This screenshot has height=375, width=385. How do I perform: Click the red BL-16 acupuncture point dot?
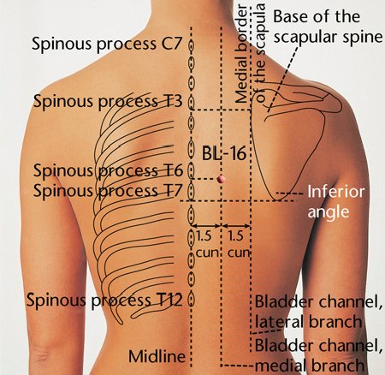coord(221,179)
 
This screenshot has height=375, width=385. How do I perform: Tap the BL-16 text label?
coord(224,153)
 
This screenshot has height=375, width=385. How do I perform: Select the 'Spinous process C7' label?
coord(107,45)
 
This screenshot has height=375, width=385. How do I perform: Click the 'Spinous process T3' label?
coord(108,101)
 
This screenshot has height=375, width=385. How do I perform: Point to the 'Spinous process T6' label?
coord(108,170)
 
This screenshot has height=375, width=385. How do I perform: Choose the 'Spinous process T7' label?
coord(108,190)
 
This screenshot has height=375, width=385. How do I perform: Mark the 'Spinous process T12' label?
coord(104,300)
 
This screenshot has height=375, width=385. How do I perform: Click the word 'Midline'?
coord(157,356)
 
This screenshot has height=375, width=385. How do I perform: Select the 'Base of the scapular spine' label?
coord(328,27)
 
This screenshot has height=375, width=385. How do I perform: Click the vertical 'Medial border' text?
coord(242,53)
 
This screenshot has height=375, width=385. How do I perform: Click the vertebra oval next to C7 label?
coord(192,45)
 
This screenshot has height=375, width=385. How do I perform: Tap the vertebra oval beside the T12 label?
coord(192,300)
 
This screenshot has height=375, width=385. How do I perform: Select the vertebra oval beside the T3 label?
coord(192,103)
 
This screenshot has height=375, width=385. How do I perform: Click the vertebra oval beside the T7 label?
coord(192,189)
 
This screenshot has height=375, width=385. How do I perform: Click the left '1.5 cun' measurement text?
coord(206,245)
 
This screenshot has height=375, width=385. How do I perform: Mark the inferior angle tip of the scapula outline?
coord(276,199)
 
